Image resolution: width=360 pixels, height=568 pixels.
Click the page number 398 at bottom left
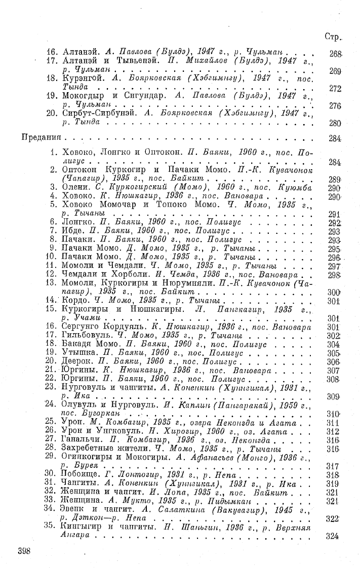point(26,551)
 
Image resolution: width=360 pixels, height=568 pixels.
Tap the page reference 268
point(334,53)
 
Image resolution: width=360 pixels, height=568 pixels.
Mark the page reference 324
point(333,536)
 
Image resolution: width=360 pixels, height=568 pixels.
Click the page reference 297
point(333,266)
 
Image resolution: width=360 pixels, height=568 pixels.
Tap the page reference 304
point(333,344)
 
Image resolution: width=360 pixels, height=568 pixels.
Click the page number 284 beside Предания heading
point(334,138)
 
